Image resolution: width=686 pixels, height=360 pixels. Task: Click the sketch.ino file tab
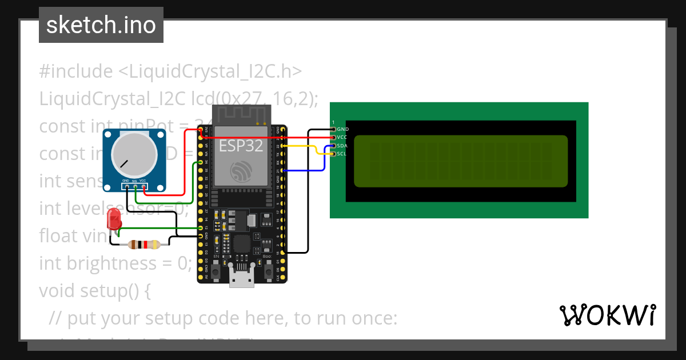(101, 25)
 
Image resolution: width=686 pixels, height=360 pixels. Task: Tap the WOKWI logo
(607, 315)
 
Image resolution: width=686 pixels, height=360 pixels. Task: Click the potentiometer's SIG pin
(134, 186)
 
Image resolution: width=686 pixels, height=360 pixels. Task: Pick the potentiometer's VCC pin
(143, 186)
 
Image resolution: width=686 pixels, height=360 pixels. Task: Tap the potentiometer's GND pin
(125, 186)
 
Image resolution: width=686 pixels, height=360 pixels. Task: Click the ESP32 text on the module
(241, 146)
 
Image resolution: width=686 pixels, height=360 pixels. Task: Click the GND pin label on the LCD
(343, 130)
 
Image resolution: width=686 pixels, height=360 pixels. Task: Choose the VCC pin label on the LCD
(343, 138)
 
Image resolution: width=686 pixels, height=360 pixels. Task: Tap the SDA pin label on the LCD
(343, 146)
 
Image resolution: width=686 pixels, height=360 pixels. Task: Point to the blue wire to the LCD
(309, 170)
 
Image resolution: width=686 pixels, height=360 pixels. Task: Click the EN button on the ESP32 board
(216, 270)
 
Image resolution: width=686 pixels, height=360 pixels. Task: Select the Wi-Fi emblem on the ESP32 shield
(240, 171)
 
